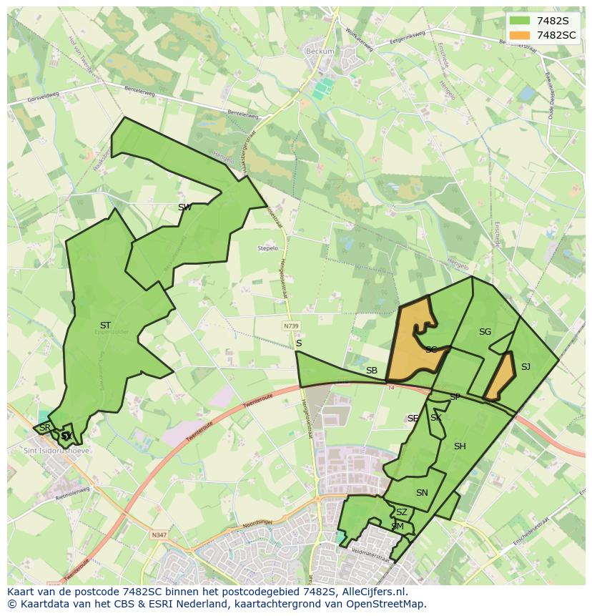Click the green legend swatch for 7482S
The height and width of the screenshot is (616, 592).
tap(520, 21)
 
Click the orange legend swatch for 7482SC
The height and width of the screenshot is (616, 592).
tap(520, 35)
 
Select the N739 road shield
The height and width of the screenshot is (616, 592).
tap(290, 326)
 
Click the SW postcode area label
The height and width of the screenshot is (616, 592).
tap(184, 207)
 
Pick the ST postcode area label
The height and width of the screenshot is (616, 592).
tap(105, 326)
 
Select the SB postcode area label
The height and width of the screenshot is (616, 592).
tap(371, 371)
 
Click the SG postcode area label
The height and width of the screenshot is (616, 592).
tap(485, 332)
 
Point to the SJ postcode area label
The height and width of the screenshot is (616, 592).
tap(526, 367)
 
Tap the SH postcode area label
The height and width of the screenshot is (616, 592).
tap(460, 446)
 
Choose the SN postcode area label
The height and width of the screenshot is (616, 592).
tap(422, 493)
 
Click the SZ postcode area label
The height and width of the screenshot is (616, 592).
tap(401, 512)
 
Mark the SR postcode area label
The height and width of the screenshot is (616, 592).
tap(44, 428)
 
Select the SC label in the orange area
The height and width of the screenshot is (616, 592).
tap(430, 350)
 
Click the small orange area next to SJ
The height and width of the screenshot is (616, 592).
tap(501, 377)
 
